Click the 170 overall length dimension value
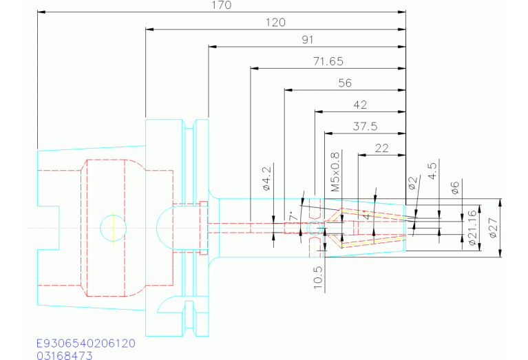[x=222, y=6]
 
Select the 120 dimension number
[x=275, y=23]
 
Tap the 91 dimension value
[x=307, y=40]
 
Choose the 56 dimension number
[x=345, y=83]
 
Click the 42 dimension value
[x=359, y=105]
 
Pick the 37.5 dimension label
[x=365, y=127]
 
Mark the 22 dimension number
[x=382, y=148]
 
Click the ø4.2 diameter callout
[x=267, y=178]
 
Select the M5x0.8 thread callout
[x=335, y=172]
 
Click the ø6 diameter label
[x=454, y=187]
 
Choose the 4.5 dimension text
[x=432, y=171]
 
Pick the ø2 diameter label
[x=412, y=184]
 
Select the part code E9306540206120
[x=85, y=343]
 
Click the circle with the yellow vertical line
[x=113, y=227]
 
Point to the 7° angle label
[x=294, y=215]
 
